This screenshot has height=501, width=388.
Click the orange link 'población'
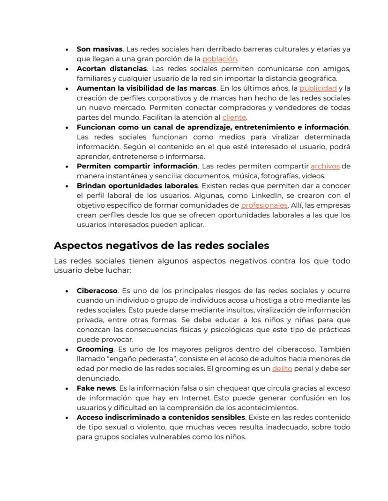tap(219, 59)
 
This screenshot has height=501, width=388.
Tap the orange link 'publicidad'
tap(318, 88)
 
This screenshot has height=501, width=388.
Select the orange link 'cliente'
tap(234, 117)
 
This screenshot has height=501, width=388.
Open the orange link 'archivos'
tap(325, 166)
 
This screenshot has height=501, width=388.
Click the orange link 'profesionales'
tap(264, 205)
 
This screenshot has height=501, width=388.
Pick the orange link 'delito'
tap(282, 369)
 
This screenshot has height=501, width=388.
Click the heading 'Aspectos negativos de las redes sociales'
tap(161, 245)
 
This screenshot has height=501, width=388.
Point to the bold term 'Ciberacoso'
tap(97, 290)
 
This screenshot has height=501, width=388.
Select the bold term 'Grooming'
tap(95, 349)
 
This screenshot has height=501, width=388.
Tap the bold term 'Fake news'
tap(96, 388)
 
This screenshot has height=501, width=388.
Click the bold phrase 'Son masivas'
tap(99, 49)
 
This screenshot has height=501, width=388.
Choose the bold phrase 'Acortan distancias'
tap(105, 69)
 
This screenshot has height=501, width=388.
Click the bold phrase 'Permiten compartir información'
tap(137, 166)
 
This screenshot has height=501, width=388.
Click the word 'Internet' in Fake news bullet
tap(189, 398)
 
